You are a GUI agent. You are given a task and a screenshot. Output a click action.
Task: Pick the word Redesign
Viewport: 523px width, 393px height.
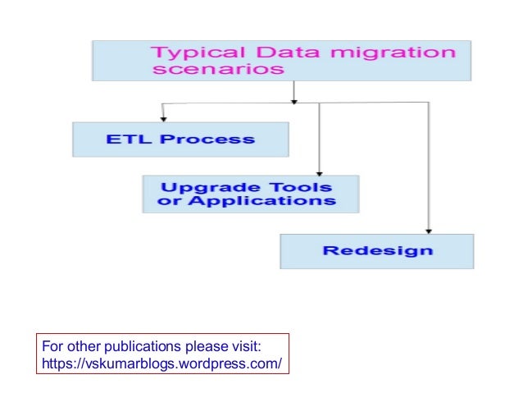tap(377, 250)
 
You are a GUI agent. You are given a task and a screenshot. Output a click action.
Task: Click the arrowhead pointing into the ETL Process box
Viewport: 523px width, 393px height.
tap(164, 119)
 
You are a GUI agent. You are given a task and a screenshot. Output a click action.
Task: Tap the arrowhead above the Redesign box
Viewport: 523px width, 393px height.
tap(427, 231)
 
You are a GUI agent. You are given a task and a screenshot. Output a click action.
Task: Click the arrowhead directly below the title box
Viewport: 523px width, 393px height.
tap(293, 101)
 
